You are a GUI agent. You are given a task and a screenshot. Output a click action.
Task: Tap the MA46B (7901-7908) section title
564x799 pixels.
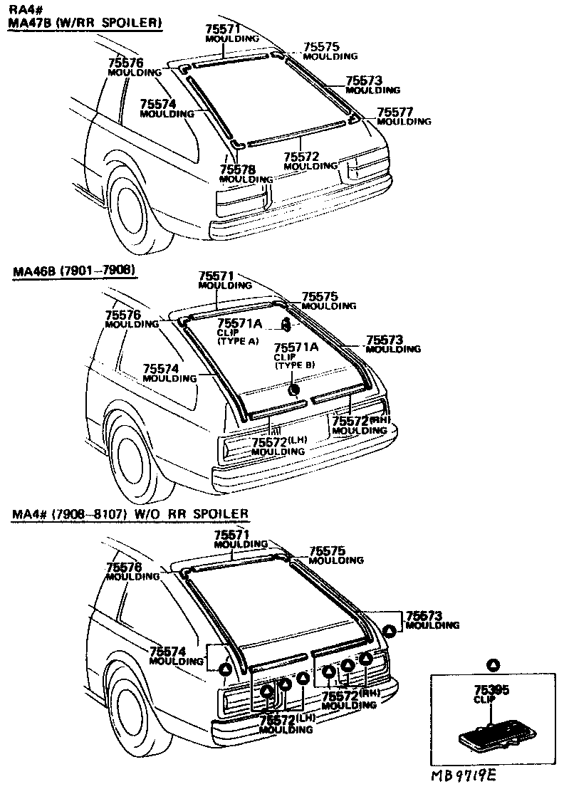(73, 271)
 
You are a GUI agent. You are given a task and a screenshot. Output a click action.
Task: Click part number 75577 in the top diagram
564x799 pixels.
(395, 112)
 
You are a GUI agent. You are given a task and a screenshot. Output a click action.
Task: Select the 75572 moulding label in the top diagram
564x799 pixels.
(301, 157)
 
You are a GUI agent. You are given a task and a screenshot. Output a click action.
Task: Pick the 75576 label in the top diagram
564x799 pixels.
(125, 63)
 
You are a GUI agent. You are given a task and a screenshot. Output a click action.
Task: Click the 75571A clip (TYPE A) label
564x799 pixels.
(239, 324)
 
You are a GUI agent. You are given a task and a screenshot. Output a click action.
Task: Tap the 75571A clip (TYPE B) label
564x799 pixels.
(296, 348)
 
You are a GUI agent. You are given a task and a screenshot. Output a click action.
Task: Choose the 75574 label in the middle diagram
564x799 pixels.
(160, 368)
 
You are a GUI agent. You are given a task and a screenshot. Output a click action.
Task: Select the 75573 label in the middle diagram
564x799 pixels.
(385, 340)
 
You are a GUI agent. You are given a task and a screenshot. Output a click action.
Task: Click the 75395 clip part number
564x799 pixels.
(491, 690)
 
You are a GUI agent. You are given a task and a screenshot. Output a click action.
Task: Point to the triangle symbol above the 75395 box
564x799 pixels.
(491, 664)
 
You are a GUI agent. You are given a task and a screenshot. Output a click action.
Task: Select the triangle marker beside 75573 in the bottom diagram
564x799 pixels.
(390, 632)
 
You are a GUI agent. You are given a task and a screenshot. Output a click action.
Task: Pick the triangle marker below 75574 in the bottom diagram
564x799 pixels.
(224, 669)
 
